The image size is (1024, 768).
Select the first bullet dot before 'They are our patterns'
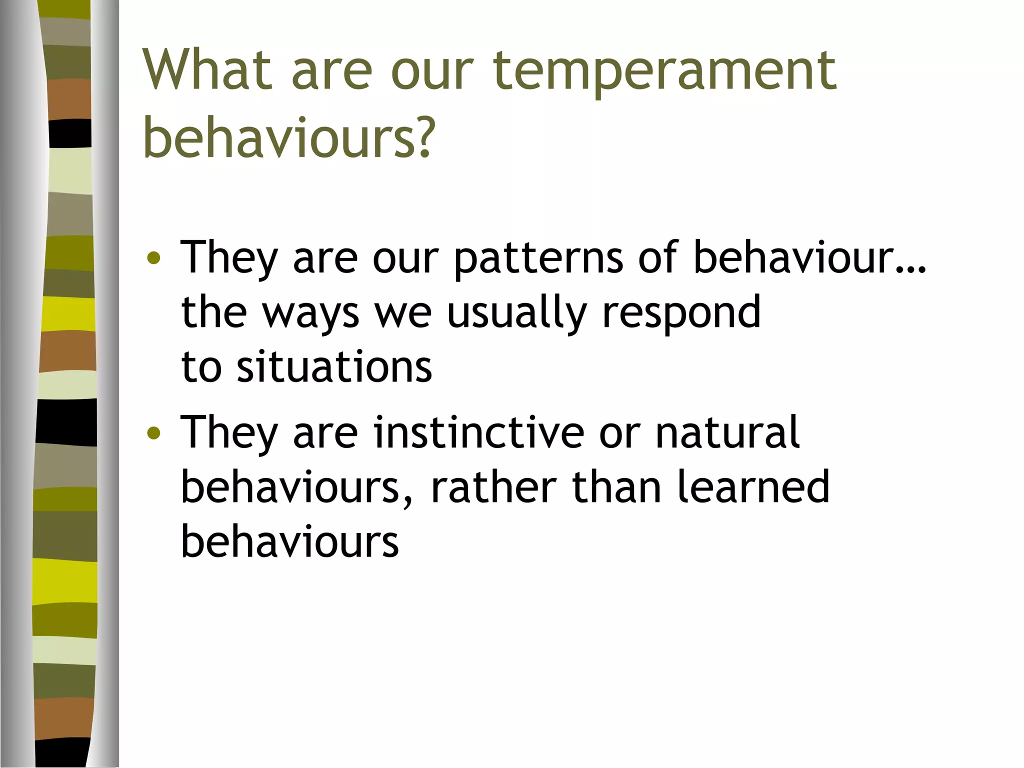pyautogui.click(x=154, y=258)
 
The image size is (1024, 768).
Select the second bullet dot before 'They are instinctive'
pyautogui.click(x=154, y=433)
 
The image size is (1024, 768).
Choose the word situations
pyautogui.click(x=334, y=367)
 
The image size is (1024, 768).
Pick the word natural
pyautogui.click(x=727, y=433)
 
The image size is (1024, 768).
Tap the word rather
pyautogui.click(x=493, y=488)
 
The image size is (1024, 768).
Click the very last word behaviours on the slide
pyautogui.click(x=290, y=542)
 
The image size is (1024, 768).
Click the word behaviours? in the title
pyautogui.click(x=287, y=137)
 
